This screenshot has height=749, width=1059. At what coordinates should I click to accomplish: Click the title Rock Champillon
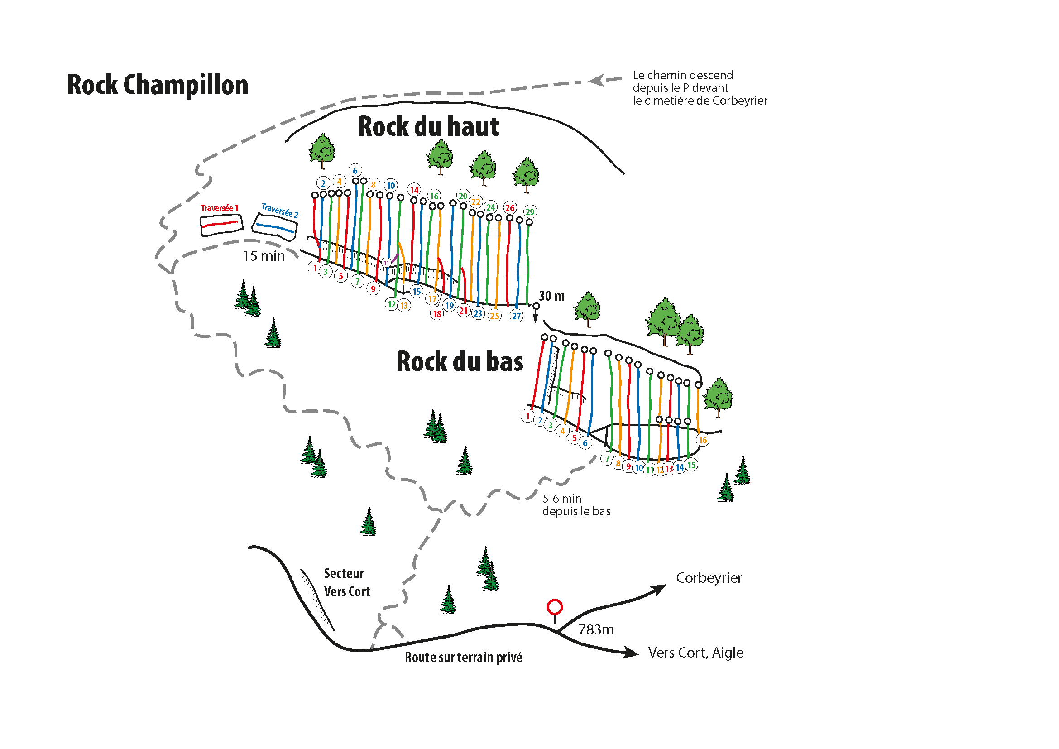click(x=158, y=85)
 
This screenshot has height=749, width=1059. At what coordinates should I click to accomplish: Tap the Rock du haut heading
click(x=428, y=126)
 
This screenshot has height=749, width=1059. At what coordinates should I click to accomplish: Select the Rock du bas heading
click(x=460, y=361)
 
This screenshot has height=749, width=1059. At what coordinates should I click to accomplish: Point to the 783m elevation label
click(x=596, y=629)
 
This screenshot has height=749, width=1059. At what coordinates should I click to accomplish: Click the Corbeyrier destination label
click(x=709, y=578)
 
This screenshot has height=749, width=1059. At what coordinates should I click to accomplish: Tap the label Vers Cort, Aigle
click(x=695, y=653)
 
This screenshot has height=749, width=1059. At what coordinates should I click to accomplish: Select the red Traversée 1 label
click(x=220, y=208)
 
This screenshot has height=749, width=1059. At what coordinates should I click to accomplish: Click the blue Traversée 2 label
click(x=279, y=210)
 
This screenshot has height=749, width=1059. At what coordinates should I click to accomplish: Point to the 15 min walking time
click(x=264, y=256)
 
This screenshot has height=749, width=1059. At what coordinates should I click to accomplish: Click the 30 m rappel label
click(x=551, y=296)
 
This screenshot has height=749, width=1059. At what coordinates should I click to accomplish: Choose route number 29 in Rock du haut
click(x=530, y=211)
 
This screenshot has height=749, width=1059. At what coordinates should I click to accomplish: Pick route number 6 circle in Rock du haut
click(x=355, y=171)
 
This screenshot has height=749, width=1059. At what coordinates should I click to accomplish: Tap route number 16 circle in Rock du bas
click(x=703, y=440)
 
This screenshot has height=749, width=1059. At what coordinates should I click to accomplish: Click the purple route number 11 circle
click(x=387, y=263)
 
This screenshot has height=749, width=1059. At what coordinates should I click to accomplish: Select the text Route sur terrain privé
click(x=463, y=657)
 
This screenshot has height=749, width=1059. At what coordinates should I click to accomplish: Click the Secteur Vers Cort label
click(x=346, y=582)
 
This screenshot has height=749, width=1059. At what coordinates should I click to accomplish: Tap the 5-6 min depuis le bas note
click(x=576, y=505)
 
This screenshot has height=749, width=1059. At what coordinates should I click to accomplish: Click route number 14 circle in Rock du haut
click(x=414, y=190)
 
